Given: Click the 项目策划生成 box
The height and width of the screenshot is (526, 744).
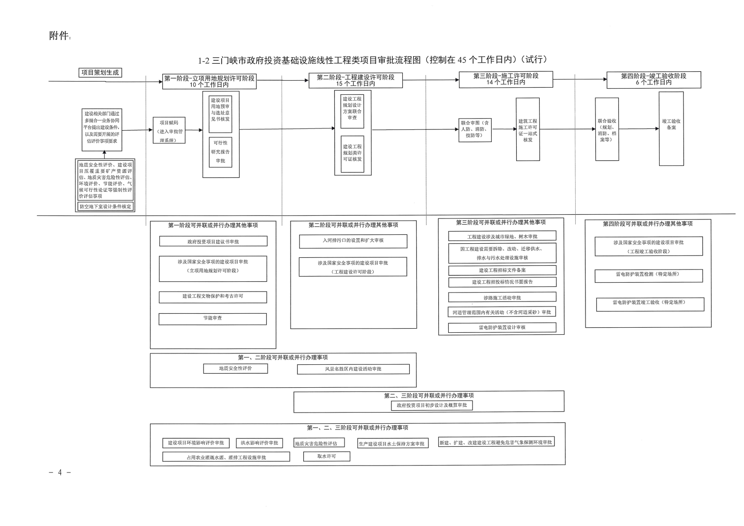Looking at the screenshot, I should (100, 73).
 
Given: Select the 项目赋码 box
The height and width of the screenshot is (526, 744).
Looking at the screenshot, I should (169, 130).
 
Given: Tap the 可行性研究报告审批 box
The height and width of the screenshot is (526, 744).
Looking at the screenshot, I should (220, 152).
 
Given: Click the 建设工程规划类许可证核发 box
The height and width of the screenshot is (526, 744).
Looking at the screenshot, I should (352, 153).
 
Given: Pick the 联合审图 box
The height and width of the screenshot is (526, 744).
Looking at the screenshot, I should (475, 129).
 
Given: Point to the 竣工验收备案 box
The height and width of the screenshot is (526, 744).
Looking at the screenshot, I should (671, 128).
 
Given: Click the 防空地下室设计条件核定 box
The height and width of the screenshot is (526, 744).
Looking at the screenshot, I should (105, 206).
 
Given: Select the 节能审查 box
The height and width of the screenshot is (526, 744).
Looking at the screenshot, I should (212, 319).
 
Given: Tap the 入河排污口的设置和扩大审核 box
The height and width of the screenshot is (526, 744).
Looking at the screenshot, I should (353, 241).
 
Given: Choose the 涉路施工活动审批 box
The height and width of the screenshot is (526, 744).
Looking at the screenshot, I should (502, 297).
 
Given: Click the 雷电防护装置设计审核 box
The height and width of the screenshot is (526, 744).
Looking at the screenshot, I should (502, 327).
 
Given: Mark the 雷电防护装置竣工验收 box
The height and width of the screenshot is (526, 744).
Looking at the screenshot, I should (650, 304).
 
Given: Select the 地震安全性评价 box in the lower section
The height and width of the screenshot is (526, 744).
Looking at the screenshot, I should (235, 368).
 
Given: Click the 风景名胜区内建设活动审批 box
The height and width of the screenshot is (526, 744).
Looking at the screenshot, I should (353, 369).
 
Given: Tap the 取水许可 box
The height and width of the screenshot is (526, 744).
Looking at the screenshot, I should (326, 456).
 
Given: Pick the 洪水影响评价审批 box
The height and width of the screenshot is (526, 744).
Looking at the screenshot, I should (259, 443).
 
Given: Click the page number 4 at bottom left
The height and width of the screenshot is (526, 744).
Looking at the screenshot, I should (60, 472).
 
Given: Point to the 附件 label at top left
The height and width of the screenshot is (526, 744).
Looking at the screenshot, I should (59, 36).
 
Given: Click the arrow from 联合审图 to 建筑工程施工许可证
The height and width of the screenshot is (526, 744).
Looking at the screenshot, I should (504, 129).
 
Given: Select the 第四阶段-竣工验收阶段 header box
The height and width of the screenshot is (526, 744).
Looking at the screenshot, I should (654, 80).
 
